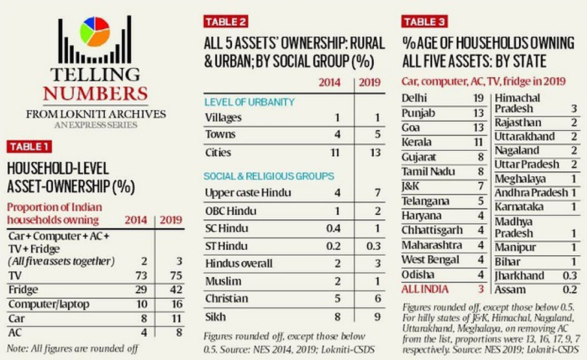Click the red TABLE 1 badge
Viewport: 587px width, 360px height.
point(29,147)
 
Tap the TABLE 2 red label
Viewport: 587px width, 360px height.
point(226,22)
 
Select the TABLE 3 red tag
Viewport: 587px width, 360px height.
point(424,22)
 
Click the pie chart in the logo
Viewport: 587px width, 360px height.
point(95,32)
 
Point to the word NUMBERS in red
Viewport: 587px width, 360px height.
point(95,93)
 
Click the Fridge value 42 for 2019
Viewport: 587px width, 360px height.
point(176,290)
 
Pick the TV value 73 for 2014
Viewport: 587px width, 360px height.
point(141,276)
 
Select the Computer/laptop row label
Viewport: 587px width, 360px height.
point(49,304)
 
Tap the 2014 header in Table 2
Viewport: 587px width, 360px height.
point(329,82)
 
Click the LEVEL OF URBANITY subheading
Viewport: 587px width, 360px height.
point(249,102)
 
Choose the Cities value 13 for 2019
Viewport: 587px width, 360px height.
point(375,153)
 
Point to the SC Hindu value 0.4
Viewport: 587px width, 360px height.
point(333,228)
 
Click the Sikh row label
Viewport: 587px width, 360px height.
point(216,317)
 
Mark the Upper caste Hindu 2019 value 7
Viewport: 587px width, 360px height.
point(378,193)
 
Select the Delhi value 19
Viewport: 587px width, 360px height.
point(479,98)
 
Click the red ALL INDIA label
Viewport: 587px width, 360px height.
point(425,289)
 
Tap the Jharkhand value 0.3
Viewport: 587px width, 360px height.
point(570,276)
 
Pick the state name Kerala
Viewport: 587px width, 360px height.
point(416,142)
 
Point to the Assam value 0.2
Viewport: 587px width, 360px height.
point(570,290)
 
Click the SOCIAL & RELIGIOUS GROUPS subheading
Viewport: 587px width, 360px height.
point(269,176)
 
